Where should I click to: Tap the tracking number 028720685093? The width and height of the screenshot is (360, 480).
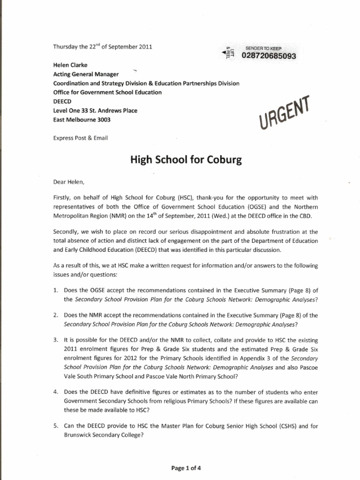pos(269,56)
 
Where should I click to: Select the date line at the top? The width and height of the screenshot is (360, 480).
pos(102,46)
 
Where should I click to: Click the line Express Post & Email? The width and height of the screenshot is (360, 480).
pos(80,138)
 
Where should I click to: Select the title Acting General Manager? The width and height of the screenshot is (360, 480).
pos(86,75)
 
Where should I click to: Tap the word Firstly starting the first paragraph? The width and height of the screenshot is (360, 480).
pos(63,199)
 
